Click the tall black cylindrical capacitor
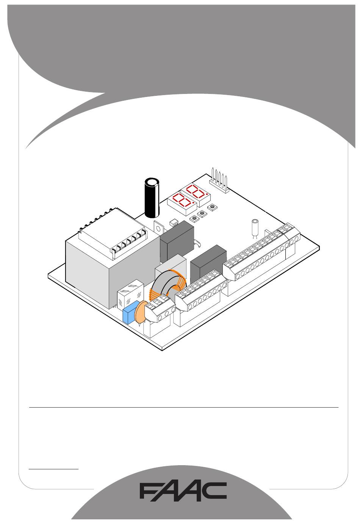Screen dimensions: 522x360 (153, 198)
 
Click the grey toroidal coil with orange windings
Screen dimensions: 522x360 (169, 286)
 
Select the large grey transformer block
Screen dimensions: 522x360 (110, 261)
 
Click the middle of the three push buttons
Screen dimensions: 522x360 (203, 213)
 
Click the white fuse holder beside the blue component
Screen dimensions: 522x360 (130, 294)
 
